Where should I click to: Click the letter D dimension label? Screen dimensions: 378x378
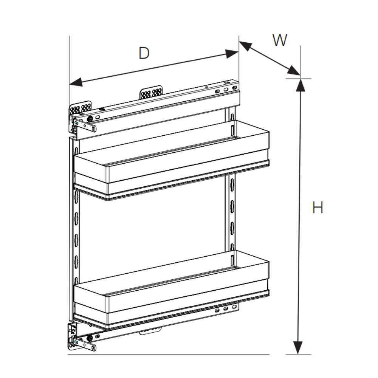coord(144,53)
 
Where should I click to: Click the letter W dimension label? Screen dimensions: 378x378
coord(280,40)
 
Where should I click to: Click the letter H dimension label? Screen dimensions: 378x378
coord(318,207)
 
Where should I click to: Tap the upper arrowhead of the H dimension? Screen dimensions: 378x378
coord(301,85)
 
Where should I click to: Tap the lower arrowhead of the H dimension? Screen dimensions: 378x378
coord(298,347)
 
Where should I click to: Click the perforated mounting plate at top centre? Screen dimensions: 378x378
coord(151,92)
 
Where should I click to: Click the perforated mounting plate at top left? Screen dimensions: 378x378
coord(81,108)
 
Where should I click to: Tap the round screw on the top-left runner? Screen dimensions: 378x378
coord(90,119)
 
